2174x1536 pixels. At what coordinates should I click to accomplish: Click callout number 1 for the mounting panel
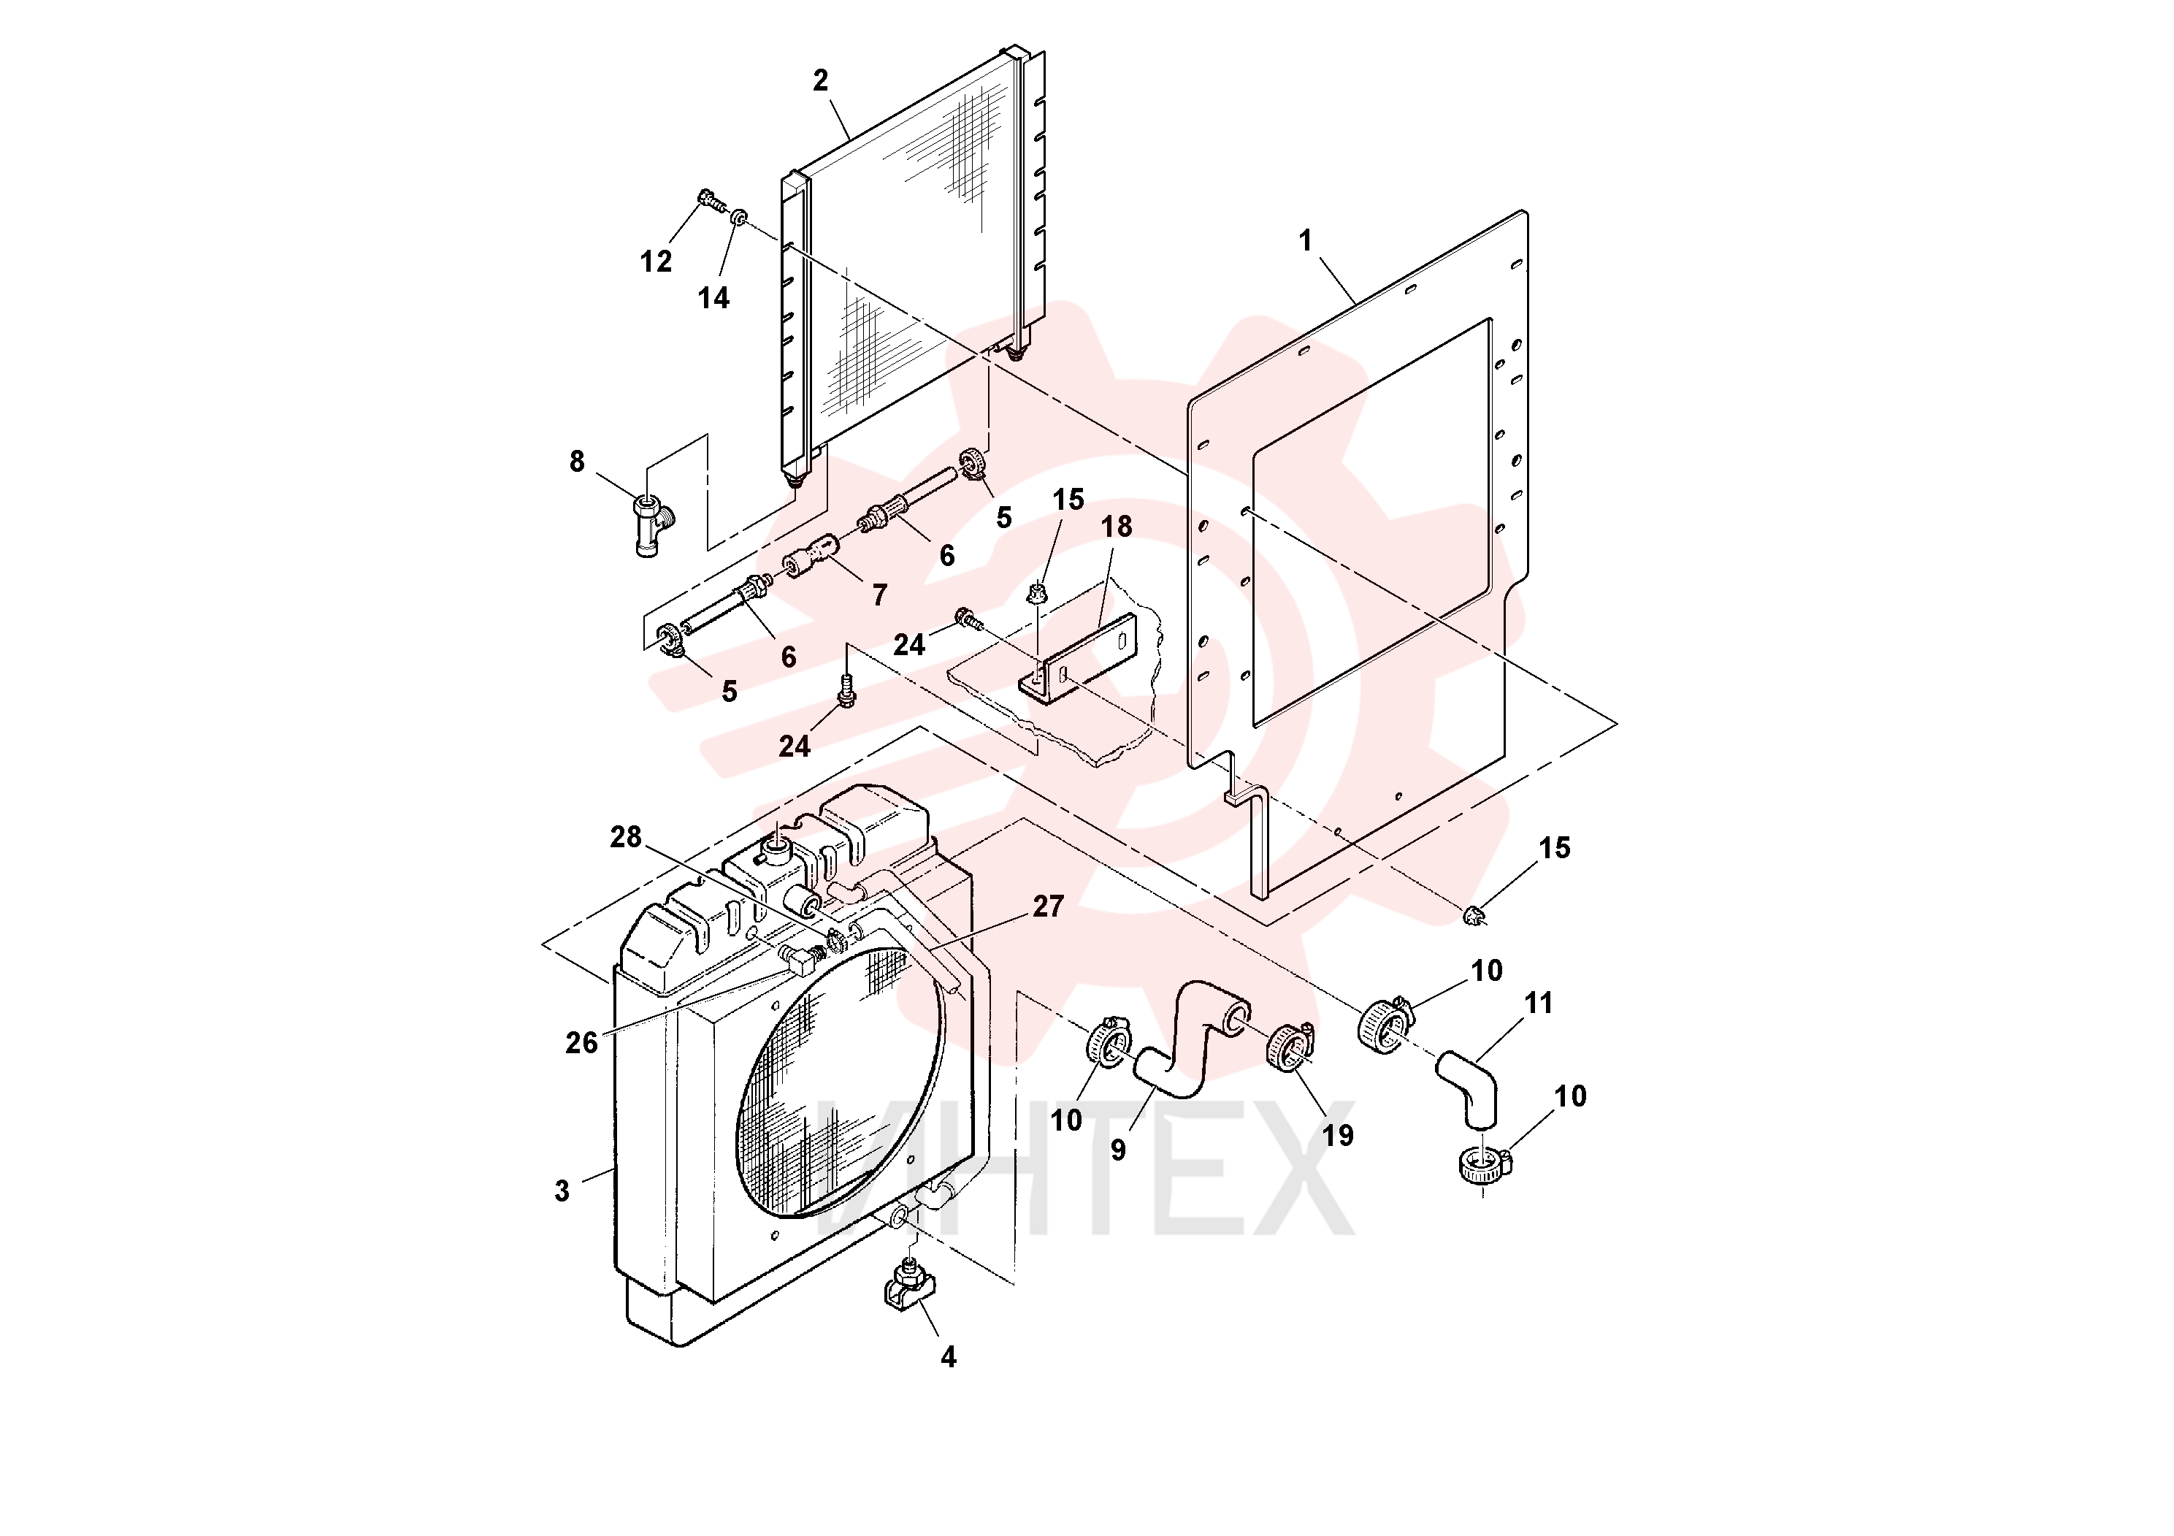coord(1306,242)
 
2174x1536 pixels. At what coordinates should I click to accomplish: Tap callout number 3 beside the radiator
coord(562,1191)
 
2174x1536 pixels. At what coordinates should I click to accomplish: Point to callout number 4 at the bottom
coord(949,1358)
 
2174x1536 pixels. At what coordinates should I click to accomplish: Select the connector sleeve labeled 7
coord(811,556)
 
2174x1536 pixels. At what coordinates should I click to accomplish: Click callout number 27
coord(1048,907)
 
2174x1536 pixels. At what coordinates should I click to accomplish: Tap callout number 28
coord(626,837)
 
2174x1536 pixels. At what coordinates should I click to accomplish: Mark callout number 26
coord(581,1044)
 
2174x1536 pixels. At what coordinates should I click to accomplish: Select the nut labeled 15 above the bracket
coord(1037,593)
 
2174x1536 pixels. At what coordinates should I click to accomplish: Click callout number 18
coord(1117,527)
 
